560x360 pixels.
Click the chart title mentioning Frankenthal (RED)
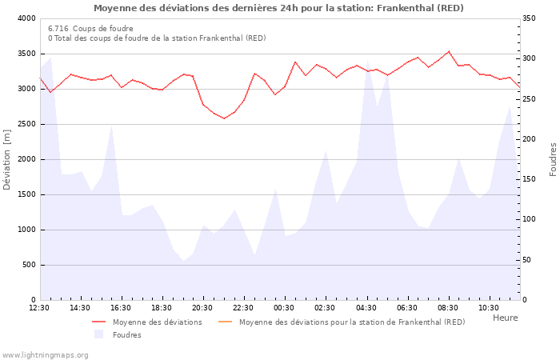tap(278, 8)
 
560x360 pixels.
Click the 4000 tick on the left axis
tap(26, 18)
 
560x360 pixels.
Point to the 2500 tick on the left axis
tap(26, 124)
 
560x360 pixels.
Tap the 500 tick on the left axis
tap(29, 265)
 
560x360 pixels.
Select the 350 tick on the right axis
tap(530, 18)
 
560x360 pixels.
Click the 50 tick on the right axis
tap(528, 260)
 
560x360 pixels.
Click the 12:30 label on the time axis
tap(39, 307)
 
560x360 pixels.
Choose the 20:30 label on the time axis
tap(202, 307)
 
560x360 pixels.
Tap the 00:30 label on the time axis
tap(284, 307)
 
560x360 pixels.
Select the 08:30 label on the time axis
tap(448, 307)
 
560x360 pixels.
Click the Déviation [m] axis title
tap(8, 159)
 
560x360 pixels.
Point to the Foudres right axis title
tap(553, 159)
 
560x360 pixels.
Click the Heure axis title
tap(505, 318)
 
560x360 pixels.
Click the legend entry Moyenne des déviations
tap(157, 322)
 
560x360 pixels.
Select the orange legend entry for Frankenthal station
tap(351, 322)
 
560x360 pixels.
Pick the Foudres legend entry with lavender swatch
tap(126, 335)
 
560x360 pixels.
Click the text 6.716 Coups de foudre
tap(90, 28)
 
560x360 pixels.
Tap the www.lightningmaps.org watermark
tap(45, 354)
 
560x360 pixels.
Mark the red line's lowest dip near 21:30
tap(224, 118)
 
